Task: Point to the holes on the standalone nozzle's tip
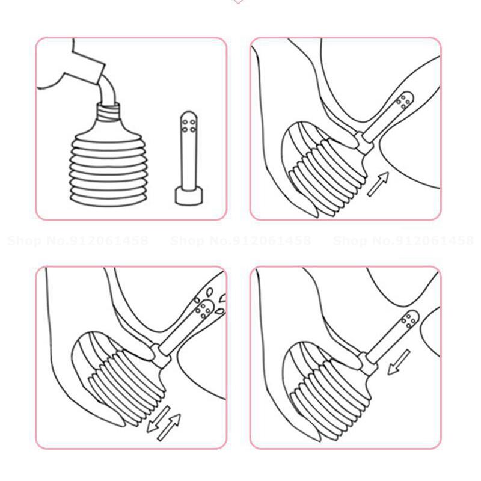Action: click(x=186, y=123)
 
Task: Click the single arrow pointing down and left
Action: click(x=399, y=361)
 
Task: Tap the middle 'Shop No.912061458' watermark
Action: click(x=240, y=241)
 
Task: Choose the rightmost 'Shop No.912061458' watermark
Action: click(x=403, y=241)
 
